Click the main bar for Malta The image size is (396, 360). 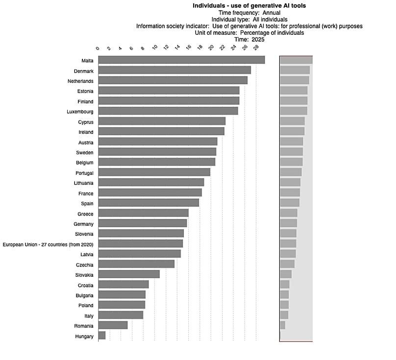click(x=181, y=60)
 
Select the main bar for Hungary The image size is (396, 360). click(x=102, y=336)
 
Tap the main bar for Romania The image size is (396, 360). click(x=113, y=325)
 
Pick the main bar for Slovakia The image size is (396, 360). click(x=129, y=274)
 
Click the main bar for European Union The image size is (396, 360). click(x=140, y=243)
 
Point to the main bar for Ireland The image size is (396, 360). click(x=161, y=131)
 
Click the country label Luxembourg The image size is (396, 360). click(x=80, y=112)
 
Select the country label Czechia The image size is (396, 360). click(x=85, y=264)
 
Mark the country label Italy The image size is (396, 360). click(x=89, y=316)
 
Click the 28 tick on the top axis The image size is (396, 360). click(x=255, y=48)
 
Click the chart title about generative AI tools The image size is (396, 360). click(x=249, y=6)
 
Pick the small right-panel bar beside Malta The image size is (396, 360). click(x=296, y=60)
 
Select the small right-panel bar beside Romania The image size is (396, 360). click(x=283, y=325)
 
